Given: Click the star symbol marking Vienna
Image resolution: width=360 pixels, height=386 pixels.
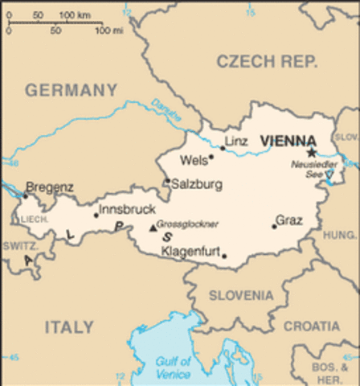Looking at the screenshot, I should coord(311,152).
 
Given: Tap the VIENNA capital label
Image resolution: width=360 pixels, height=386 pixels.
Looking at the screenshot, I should coord(288,140).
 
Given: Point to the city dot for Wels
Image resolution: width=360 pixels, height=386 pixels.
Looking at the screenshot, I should coord(211,157).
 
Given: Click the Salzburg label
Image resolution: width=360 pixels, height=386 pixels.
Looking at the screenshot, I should coord(197,184).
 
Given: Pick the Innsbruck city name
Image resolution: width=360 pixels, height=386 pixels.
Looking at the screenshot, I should coord(126,209).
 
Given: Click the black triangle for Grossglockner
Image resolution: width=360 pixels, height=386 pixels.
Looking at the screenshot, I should coord(153,228).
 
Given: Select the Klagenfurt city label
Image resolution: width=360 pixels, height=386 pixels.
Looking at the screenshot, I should coord(191,251).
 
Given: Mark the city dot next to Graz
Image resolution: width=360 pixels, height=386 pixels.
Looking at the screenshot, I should coord(274,226).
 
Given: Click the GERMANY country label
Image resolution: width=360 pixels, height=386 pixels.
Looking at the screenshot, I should coord(71,90).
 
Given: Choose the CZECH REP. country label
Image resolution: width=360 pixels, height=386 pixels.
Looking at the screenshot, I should coord(267,61).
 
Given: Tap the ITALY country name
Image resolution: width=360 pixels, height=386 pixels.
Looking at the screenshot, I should coord(69,326).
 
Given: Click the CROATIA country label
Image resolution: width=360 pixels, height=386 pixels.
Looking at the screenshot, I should coord(311,326).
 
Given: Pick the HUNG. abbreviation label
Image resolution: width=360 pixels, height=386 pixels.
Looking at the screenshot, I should coord(339,235).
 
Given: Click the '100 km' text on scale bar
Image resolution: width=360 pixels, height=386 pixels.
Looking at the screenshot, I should coord(75,15).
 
